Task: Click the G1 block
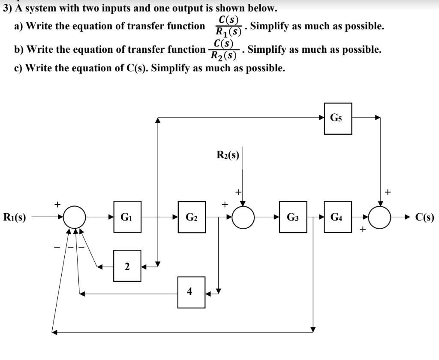tap(127, 217)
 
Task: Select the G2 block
tap(192, 217)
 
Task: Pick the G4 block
tap(338, 217)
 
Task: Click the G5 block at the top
tap(338, 118)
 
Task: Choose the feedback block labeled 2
tap(127, 266)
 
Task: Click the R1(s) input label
tap(14, 217)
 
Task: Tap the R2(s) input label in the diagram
tap(228, 154)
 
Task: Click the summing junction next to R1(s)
tap(75, 217)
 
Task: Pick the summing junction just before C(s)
tap(379, 217)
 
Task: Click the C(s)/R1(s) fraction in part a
tap(229, 26)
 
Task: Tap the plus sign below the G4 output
tap(362, 230)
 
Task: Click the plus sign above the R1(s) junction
tap(57, 203)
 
